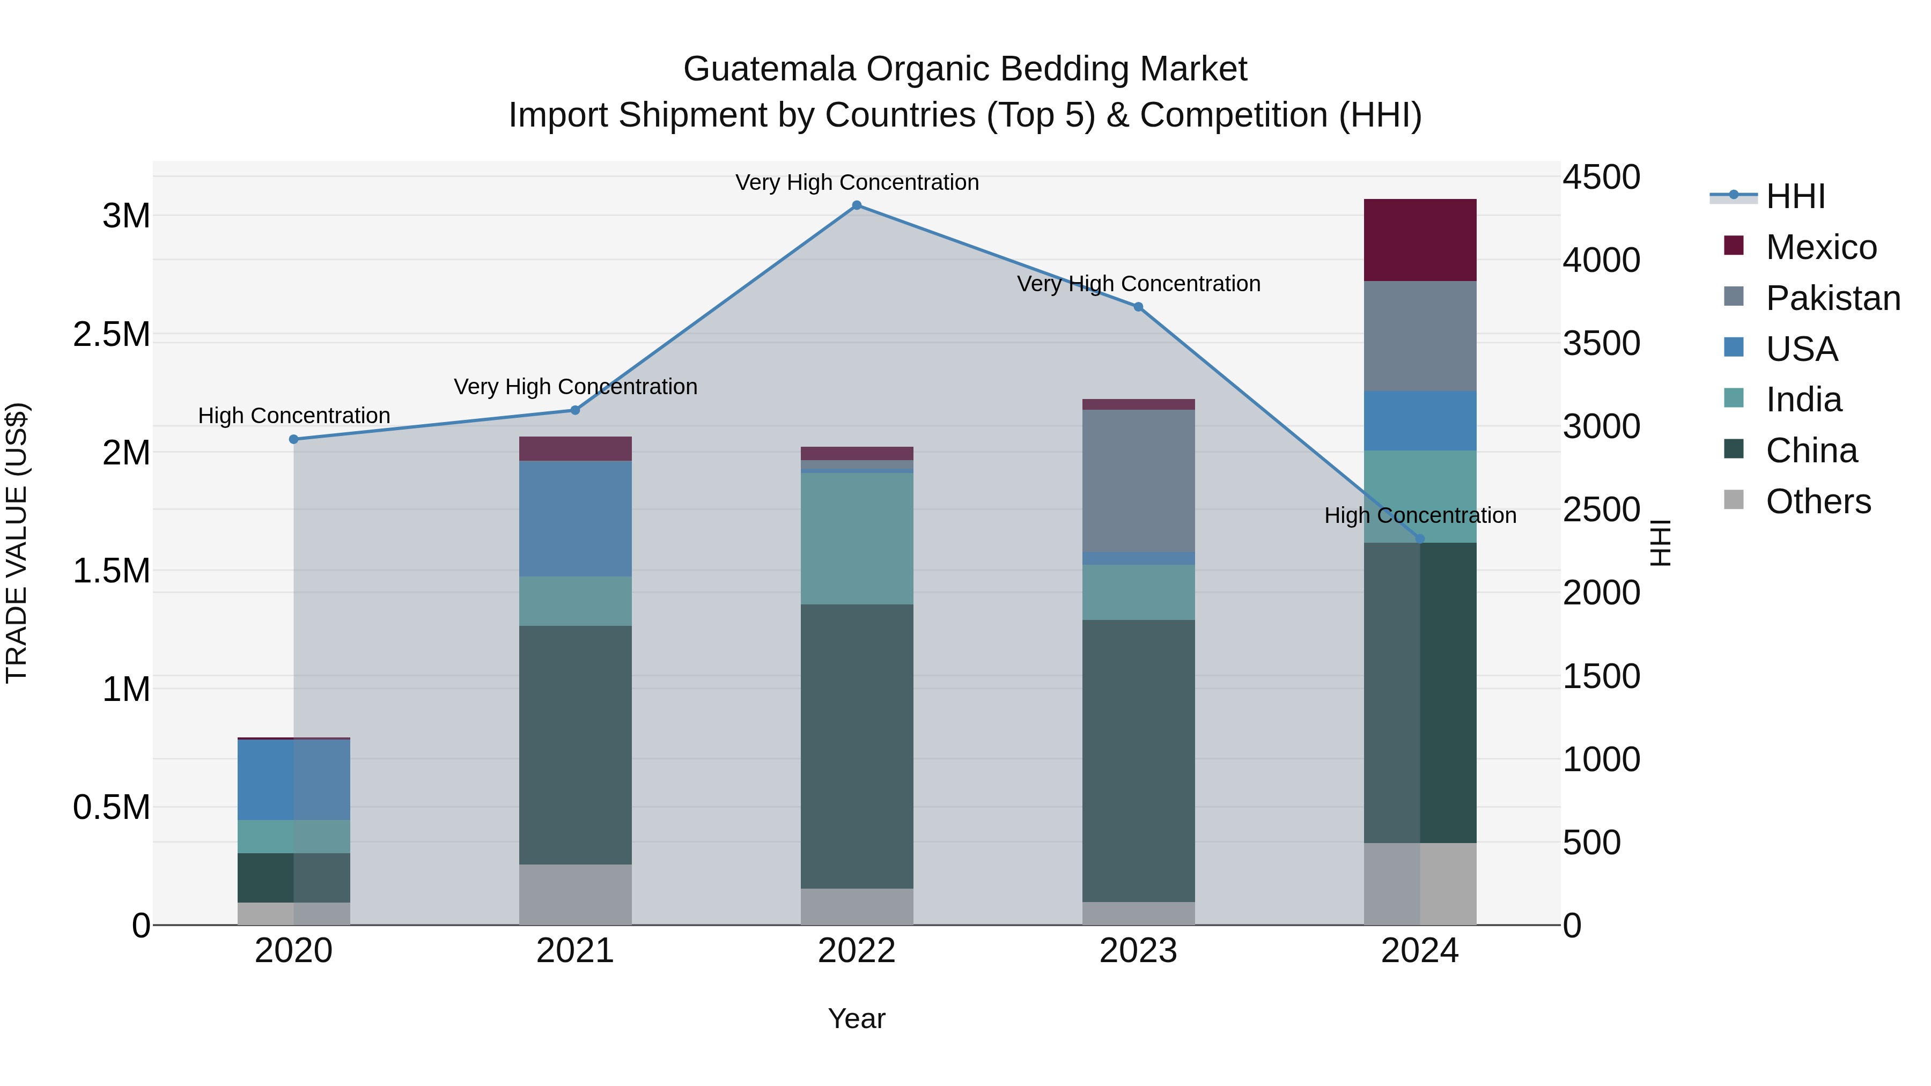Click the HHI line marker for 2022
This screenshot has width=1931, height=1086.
857,205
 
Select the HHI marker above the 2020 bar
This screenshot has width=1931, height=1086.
294,439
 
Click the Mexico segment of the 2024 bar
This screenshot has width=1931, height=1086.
1420,240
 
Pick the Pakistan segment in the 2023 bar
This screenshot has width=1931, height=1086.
1138,481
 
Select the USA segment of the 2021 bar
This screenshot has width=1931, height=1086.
575,519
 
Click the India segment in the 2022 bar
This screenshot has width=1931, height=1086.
857,538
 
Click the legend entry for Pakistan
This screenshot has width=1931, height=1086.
1832,298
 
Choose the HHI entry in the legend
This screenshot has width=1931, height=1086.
1795,196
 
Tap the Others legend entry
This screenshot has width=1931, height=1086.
1817,501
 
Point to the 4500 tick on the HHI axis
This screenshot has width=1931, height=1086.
1601,178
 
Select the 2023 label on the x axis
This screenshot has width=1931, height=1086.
1138,951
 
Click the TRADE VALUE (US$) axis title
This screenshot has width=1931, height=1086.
17,543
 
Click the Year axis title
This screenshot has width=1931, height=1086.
856,1018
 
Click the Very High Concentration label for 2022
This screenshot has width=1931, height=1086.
857,182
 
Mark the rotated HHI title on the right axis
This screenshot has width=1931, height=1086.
1661,543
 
